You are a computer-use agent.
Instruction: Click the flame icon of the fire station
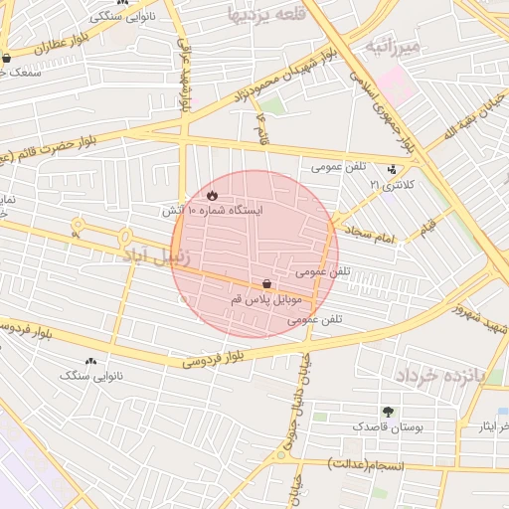coord(212,196)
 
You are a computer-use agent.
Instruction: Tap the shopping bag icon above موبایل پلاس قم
coord(266,284)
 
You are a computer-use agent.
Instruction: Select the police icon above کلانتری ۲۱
coord(391,170)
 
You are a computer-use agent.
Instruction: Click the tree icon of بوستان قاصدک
coord(387,411)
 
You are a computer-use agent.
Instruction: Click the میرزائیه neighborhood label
coord(394,46)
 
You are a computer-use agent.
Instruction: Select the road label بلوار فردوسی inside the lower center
coord(214,358)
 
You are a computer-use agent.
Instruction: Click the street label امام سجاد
coord(372,235)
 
